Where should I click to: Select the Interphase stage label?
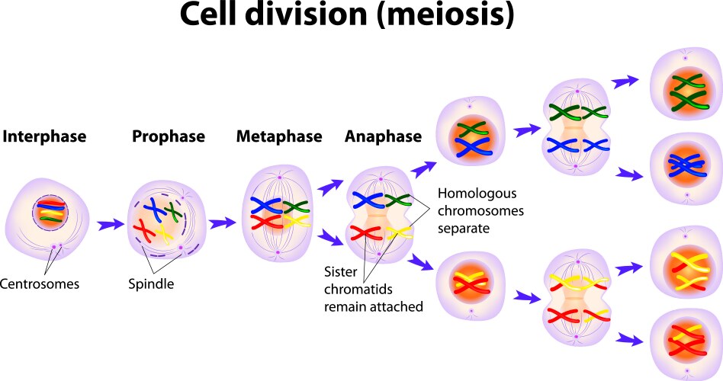44,137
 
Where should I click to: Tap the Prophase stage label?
169,137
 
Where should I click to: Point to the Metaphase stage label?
279,137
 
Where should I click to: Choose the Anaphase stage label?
383,137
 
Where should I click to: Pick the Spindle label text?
151,284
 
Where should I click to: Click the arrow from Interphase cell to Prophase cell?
109,225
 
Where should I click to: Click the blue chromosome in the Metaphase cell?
268,204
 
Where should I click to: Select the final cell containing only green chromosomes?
685,92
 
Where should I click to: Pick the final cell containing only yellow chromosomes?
685,267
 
